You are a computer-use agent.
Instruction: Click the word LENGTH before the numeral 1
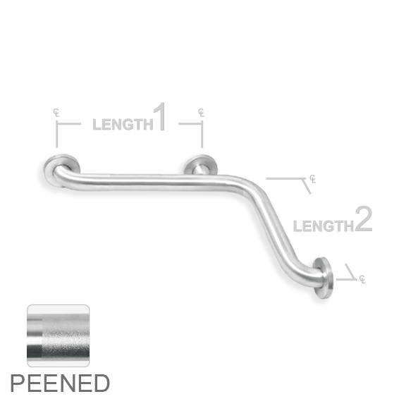(123, 124)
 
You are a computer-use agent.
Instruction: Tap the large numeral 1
(159, 116)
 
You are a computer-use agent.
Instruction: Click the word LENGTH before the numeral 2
(324, 226)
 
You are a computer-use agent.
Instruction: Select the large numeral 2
(364, 219)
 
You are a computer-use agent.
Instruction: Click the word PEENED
(60, 383)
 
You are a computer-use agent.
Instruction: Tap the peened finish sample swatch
(59, 336)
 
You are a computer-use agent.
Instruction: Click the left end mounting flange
(61, 170)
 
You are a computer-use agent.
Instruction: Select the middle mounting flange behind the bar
(200, 165)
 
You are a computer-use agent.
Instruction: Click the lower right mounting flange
(324, 278)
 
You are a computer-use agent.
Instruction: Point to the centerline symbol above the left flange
(56, 113)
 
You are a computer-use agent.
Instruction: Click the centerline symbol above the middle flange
(201, 113)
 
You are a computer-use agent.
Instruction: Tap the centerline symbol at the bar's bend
(313, 179)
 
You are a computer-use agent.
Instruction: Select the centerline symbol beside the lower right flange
(362, 279)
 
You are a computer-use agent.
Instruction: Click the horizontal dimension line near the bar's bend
(286, 178)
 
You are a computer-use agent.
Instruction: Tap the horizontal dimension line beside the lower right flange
(347, 280)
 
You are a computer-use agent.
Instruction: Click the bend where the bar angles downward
(245, 185)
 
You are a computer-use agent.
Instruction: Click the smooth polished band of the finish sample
(35, 336)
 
